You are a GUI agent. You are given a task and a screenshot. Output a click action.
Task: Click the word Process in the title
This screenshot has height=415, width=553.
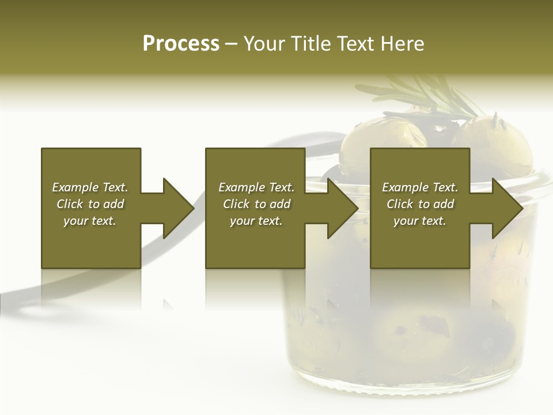pos(181,44)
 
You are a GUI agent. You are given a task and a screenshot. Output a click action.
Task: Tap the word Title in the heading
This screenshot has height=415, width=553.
pos(312,44)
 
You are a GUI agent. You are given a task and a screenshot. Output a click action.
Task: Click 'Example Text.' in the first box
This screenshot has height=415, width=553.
pos(90,187)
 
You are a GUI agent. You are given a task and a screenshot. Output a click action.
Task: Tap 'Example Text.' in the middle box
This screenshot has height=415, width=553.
pos(256,187)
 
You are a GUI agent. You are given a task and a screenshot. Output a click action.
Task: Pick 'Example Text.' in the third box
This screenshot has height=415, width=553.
pos(420,187)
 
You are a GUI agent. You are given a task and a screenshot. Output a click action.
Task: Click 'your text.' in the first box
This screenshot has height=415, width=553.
pos(90,221)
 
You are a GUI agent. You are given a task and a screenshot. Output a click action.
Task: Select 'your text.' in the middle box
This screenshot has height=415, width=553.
pos(256,221)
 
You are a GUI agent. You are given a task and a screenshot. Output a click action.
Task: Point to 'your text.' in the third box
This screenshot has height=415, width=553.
pos(420,221)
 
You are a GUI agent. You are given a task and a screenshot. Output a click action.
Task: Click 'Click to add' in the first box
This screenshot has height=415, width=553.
pos(90,204)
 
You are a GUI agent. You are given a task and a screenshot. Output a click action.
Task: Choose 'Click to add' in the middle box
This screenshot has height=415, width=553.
pos(256,204)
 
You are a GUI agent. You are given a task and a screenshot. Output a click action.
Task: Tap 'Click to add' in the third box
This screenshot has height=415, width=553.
pos(420,204)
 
